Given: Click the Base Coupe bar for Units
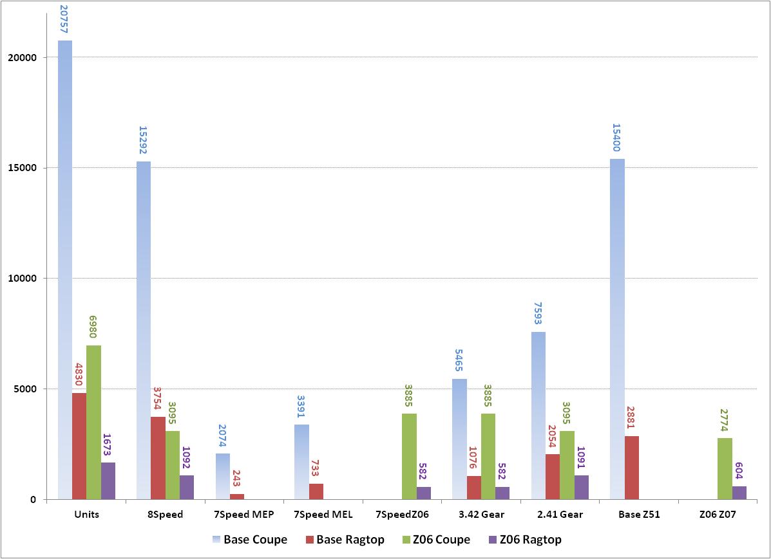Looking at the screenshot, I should (x=65, y=270).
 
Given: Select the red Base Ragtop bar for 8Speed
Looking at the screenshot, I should (x=158, y=458).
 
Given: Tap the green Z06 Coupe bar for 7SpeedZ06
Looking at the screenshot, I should (x=409, y=456).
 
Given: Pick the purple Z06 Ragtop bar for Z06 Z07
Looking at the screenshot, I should (x=739, y=493).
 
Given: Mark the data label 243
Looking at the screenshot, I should (x=237, y=477).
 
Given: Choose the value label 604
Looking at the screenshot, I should (x=739, y=470).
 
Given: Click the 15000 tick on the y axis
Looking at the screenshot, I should (x=24, y=168).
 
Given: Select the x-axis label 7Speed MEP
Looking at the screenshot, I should (x=244, y=515).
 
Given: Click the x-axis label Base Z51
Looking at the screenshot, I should (x=638, y=515).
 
